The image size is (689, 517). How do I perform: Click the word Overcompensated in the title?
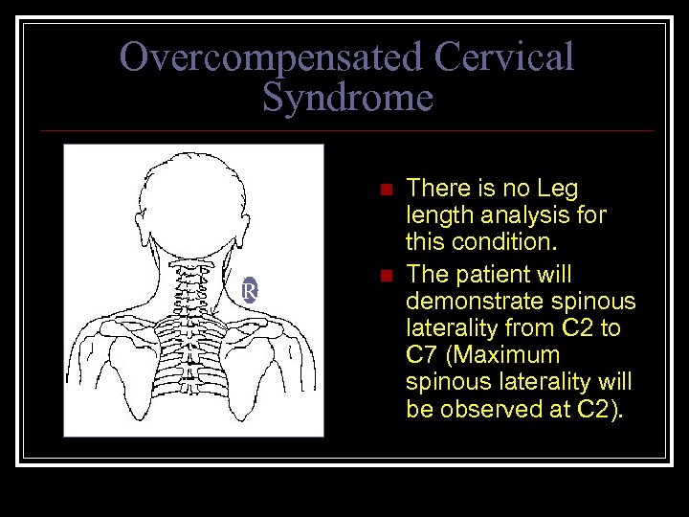(271, 57)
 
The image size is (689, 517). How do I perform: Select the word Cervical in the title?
(503, 57)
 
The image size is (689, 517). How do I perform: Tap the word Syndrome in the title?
(347, 98)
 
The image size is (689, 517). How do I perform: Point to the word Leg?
(558, 189)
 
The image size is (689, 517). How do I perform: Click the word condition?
(500, 242)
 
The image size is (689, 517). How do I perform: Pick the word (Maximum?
(508, 355)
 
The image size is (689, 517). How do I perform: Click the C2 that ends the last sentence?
(600, 409)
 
